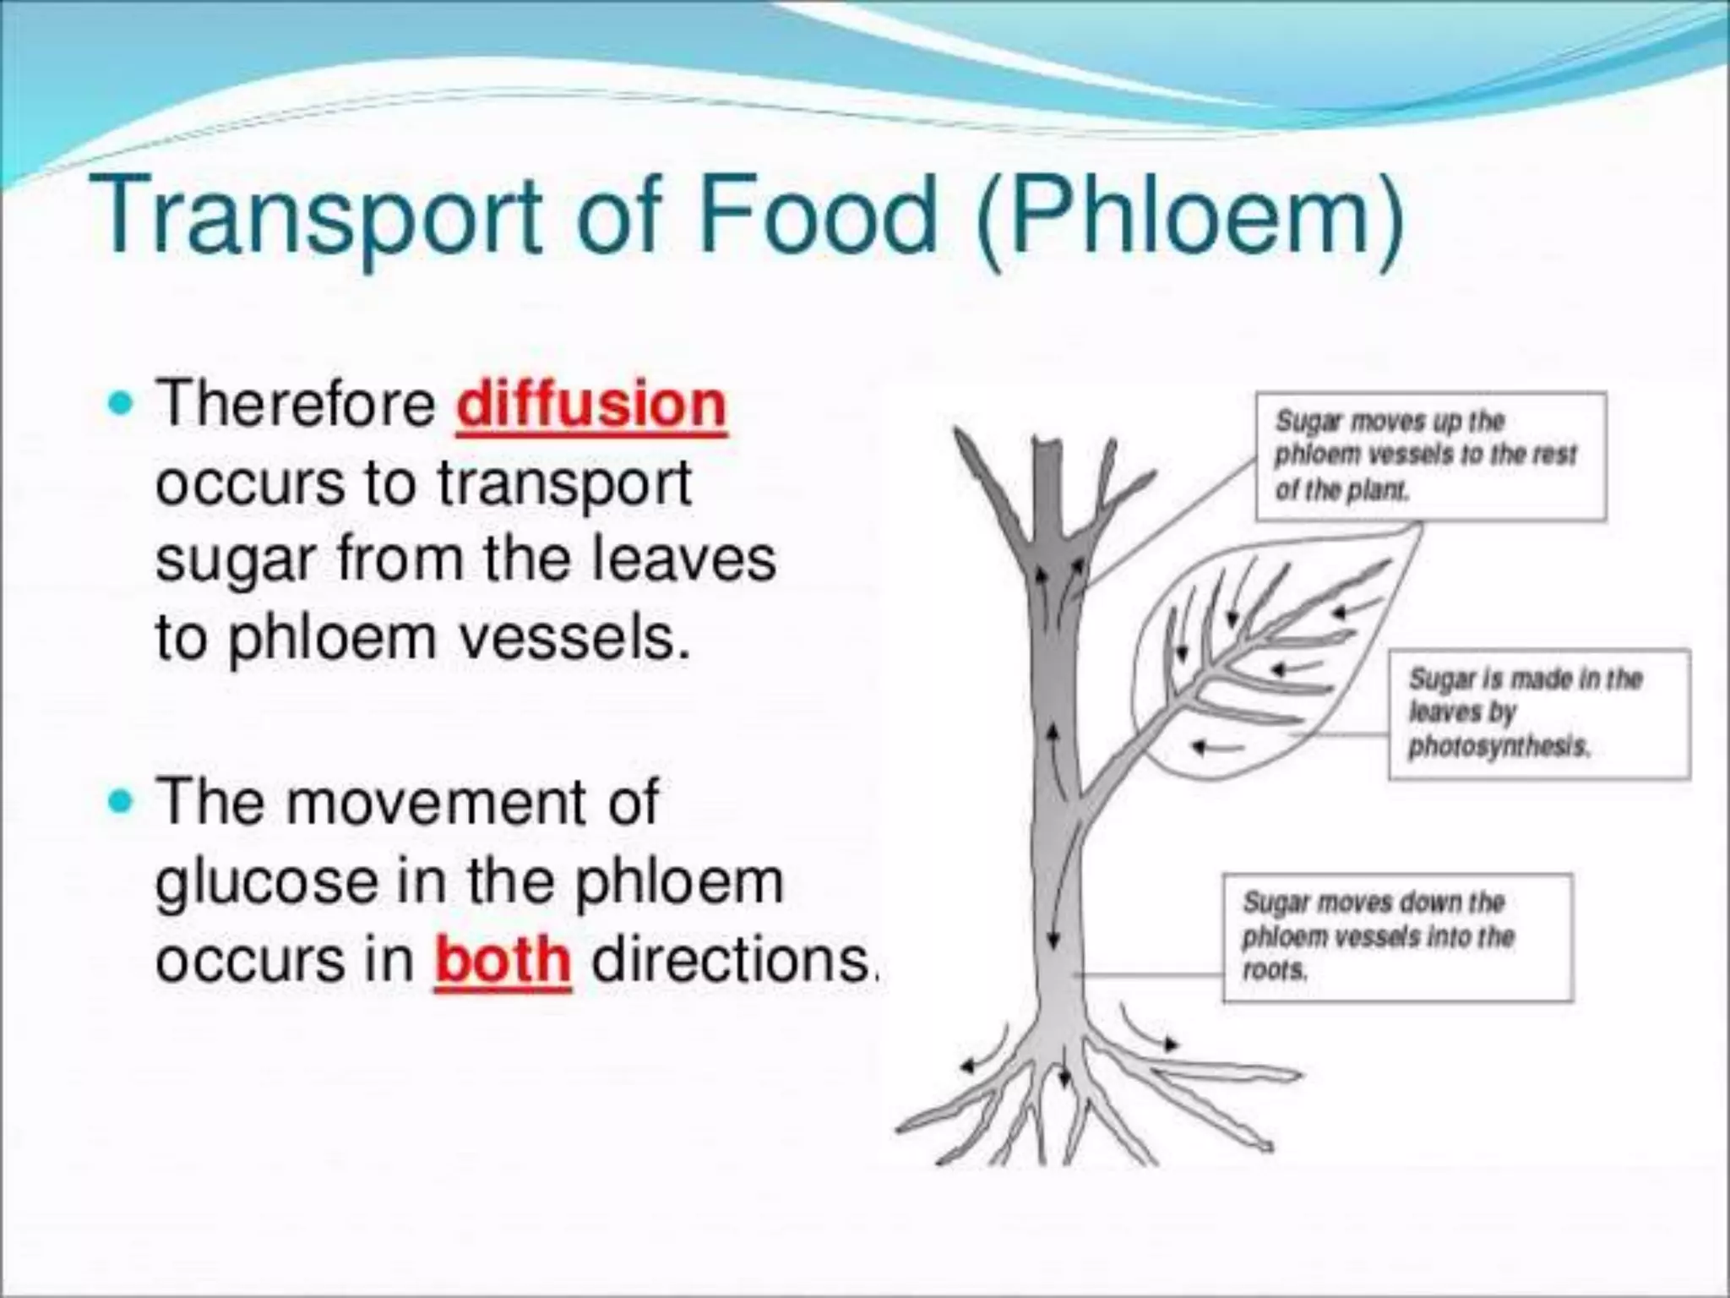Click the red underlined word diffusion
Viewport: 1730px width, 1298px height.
[x=590, y=406]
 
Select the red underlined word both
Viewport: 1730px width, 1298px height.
[x=503, y=961]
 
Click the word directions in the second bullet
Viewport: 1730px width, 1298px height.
[x=731, y=961]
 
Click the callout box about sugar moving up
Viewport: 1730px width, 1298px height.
[x=1430, y=456]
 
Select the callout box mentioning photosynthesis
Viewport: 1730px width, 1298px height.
[x=1538, y=714]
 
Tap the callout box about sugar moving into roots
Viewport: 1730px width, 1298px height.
[x=1397, y=938]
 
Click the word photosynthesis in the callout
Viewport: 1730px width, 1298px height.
[x=1499, y=747]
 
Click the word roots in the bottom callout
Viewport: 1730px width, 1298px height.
[x=1275, y=971]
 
